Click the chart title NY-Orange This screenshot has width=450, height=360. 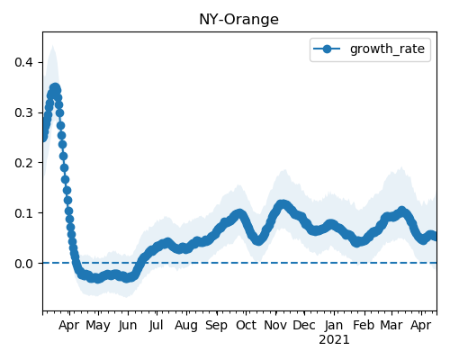pos(238,20)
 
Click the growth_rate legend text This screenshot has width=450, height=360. pos(387,49)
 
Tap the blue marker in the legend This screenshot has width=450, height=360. pos(327,49)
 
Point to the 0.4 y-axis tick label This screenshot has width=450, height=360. pos(23,62)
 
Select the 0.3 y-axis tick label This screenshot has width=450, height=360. pos(23,112)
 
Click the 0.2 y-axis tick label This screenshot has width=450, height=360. pos(23,163)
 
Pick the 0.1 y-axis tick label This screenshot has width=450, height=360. pos(23,213)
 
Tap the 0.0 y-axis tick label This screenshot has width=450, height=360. pos(23,264)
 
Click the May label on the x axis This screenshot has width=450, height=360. pos(98,326)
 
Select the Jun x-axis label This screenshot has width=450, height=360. pos(128,326)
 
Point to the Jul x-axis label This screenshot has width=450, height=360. pos(157,326)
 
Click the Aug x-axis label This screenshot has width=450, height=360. pos(186,326)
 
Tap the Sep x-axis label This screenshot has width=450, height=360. pos(216,326)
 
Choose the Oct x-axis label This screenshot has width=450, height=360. pos(246,326)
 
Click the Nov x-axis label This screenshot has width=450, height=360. pos(275,326)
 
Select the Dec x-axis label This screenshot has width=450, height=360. pos(304,326)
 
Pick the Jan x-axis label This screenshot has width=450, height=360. pos(334,326)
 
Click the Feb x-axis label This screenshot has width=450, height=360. pos(364,326)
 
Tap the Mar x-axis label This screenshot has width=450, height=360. pos(391,326)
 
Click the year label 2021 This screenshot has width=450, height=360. pos(334,340)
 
